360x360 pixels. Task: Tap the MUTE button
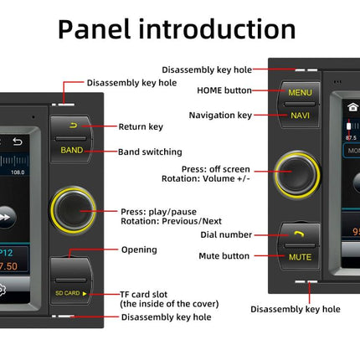tap(300, 257)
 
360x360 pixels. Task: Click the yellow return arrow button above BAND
tap(72, 126)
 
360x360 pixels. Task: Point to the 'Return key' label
tap(141, 126)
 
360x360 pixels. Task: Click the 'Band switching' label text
tap(151, 152)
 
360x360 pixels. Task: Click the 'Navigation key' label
tap(220, 115)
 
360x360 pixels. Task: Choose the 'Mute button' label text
tap(224, 255)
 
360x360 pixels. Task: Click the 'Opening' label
tap(138, 249)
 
